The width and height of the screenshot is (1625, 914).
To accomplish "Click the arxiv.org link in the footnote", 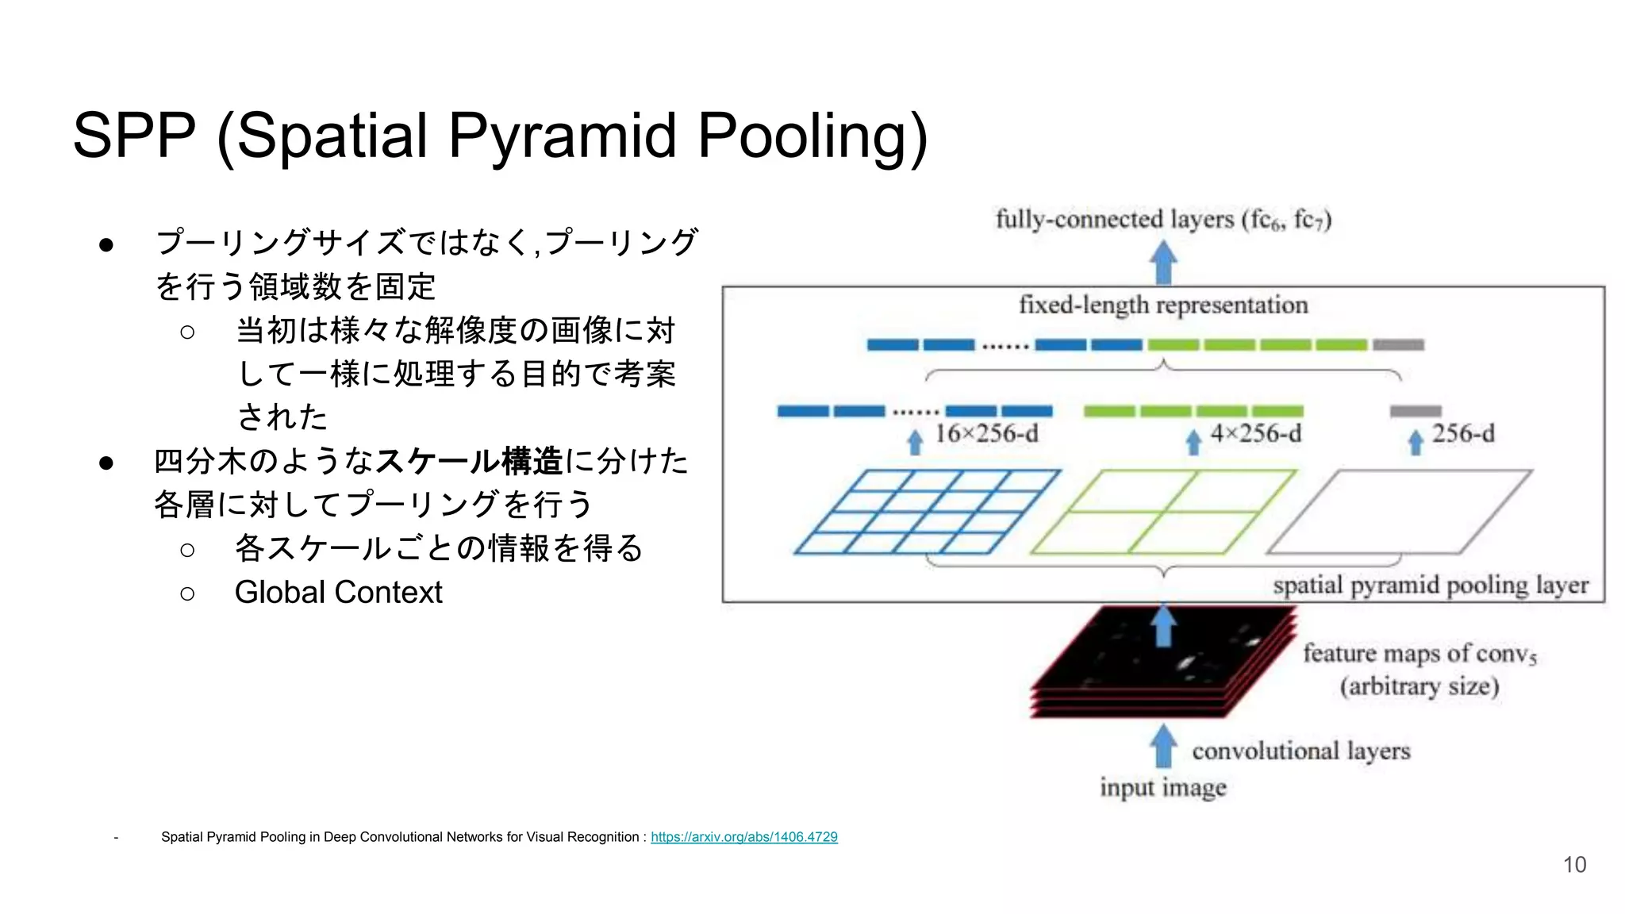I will (743, 836).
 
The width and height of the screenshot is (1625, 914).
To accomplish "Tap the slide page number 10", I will (1574, 864).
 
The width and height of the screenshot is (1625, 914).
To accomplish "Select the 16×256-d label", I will (985, 434).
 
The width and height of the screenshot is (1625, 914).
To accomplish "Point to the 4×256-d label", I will (1255, 434).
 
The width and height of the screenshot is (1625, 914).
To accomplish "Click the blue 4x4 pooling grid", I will (927, 512).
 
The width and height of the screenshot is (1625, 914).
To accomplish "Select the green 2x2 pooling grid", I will (1162, 512).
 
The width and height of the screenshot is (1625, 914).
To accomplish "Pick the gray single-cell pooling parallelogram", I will (1399, 512).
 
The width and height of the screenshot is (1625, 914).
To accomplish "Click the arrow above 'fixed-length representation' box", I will (1163, 263).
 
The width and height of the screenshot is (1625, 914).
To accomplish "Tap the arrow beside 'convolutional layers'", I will (1163, 746).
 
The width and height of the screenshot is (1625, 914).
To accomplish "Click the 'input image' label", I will (1162, 787).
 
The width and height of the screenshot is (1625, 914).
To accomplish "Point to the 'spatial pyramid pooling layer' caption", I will (1430, 586).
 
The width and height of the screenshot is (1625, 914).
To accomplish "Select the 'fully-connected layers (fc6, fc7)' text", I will (1162, 219).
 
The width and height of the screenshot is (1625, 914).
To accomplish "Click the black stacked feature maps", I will (1162, 662).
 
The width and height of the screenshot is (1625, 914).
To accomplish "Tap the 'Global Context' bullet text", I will (338, 592).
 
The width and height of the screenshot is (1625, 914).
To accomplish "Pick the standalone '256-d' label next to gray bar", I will (1462, 434).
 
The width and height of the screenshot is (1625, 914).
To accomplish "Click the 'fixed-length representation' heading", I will (1162, 305).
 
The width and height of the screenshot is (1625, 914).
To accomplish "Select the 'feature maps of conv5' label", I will (1419, 654).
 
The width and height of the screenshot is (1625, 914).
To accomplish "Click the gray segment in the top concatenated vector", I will (1398, 345).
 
